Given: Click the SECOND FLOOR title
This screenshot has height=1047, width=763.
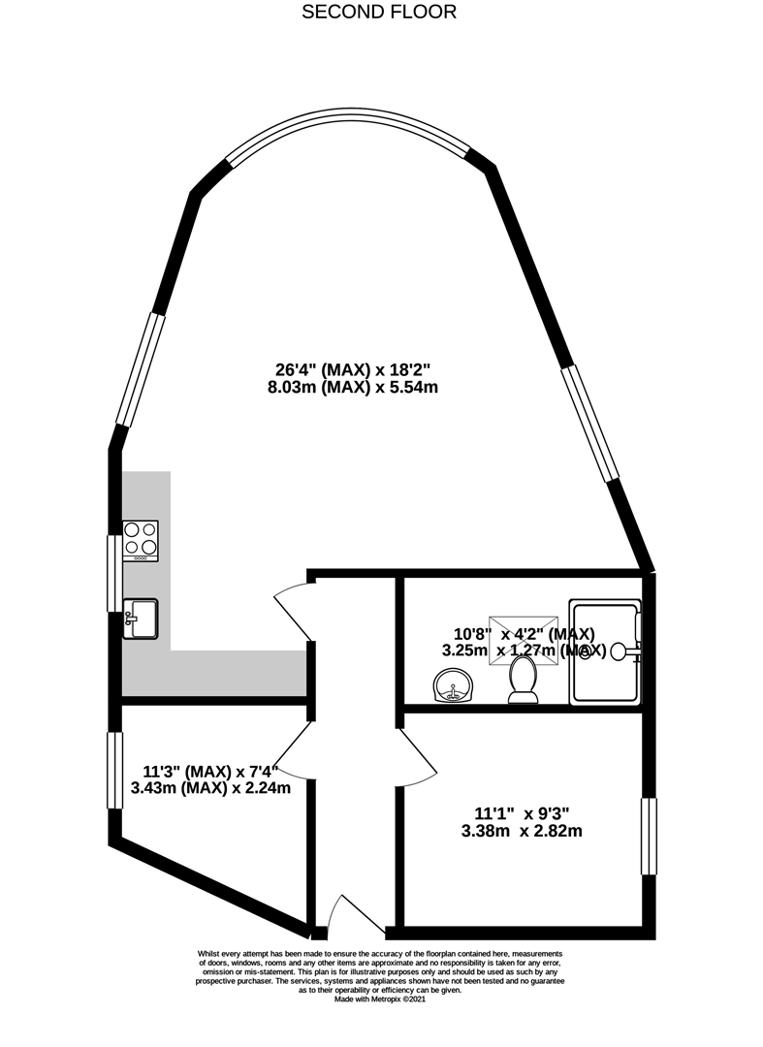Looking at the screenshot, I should (x=379, y=13).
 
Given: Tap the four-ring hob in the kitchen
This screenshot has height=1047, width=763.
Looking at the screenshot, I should (x=141, y=542).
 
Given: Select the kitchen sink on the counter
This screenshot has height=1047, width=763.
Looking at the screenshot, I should (x=142, y=619).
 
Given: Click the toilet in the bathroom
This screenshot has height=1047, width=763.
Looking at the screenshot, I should (x=524, y=681).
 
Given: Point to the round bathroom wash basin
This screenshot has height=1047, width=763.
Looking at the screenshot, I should (x=452, y=689).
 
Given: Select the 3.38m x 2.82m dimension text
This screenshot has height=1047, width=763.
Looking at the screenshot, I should (x=522, y=831).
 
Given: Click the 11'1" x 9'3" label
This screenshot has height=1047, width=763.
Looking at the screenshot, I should (x=522, y=811).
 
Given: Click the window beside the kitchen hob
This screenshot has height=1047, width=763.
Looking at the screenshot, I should (x=114, y=572).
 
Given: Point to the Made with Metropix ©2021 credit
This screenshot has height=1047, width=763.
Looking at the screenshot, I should (x=379, y=999).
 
